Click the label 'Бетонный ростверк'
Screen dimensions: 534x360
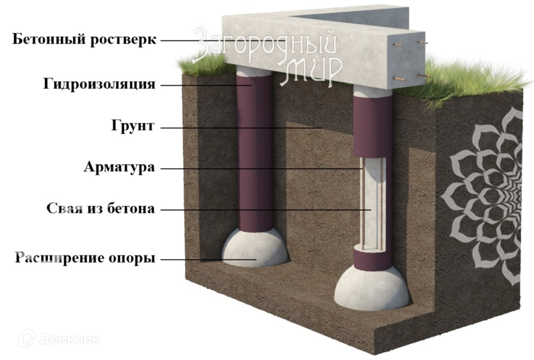tap(85, 40)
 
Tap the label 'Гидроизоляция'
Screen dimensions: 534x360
tap(99, 84)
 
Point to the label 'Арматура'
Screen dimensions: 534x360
tap(119, 168)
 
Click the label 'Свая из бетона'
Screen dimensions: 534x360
tap(101, 209)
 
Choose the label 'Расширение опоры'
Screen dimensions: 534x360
tap(85, 258)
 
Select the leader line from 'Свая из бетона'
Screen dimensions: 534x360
tap(264, 210)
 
